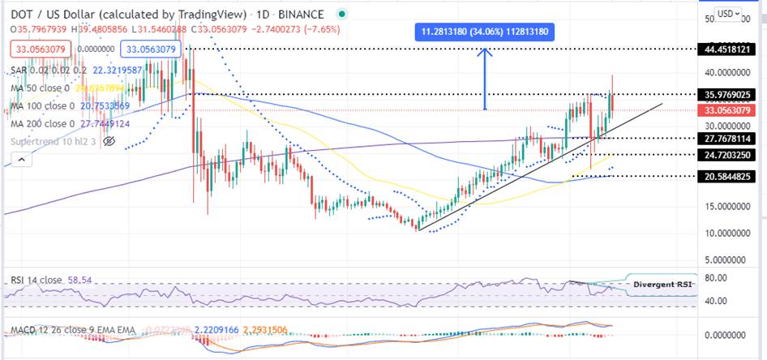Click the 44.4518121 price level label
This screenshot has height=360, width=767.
pyautogui.click(x=729, y=49)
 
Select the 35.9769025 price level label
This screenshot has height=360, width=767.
pyautogui.click(x=729, y=94)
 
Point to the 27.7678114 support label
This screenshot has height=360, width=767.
pyautogui.click(x=729, y=139)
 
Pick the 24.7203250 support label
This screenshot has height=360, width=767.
pyautogui.click(x=729, y=154)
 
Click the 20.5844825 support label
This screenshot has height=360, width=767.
pyautogui.click(x=729, y=176)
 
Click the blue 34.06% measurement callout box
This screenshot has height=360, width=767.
pyautogui.click(x=485, y=32)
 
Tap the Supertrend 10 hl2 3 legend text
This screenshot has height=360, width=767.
pyautogui.click(x=55, y=141)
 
